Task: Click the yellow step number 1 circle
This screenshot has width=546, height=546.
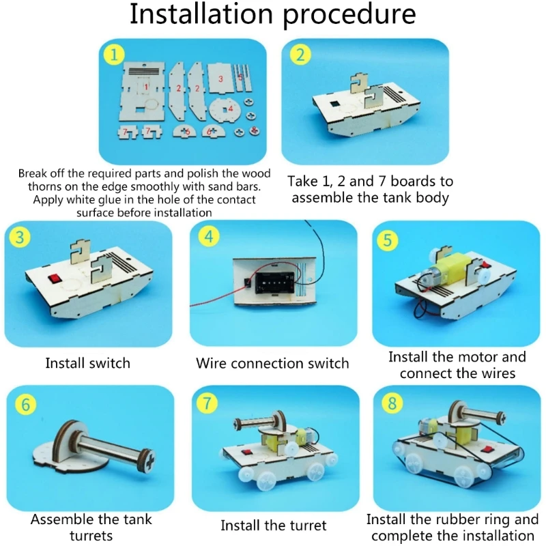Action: [113, 55]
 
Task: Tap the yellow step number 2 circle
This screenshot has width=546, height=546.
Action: [300, 55]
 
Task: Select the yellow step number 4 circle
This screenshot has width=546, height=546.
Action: [208, 237]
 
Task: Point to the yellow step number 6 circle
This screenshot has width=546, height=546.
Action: [26, 405]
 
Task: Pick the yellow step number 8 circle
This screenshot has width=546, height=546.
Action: [392, 403]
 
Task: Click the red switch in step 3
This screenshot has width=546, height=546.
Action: [55, 278]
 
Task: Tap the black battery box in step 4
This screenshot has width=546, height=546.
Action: [274, 283]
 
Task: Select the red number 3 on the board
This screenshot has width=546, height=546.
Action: [220, 79]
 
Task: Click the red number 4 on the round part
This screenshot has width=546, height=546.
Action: [230, 109]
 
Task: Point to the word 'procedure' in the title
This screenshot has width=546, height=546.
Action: [349, 14]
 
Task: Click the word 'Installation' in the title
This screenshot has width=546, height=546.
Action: [201, 14]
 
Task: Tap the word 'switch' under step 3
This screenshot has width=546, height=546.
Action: [109, 363]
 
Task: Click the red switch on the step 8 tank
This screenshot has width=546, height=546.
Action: [486, 450]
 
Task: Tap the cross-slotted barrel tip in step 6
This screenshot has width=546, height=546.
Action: [149, 461]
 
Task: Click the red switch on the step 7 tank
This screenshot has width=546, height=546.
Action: [247, 452]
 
